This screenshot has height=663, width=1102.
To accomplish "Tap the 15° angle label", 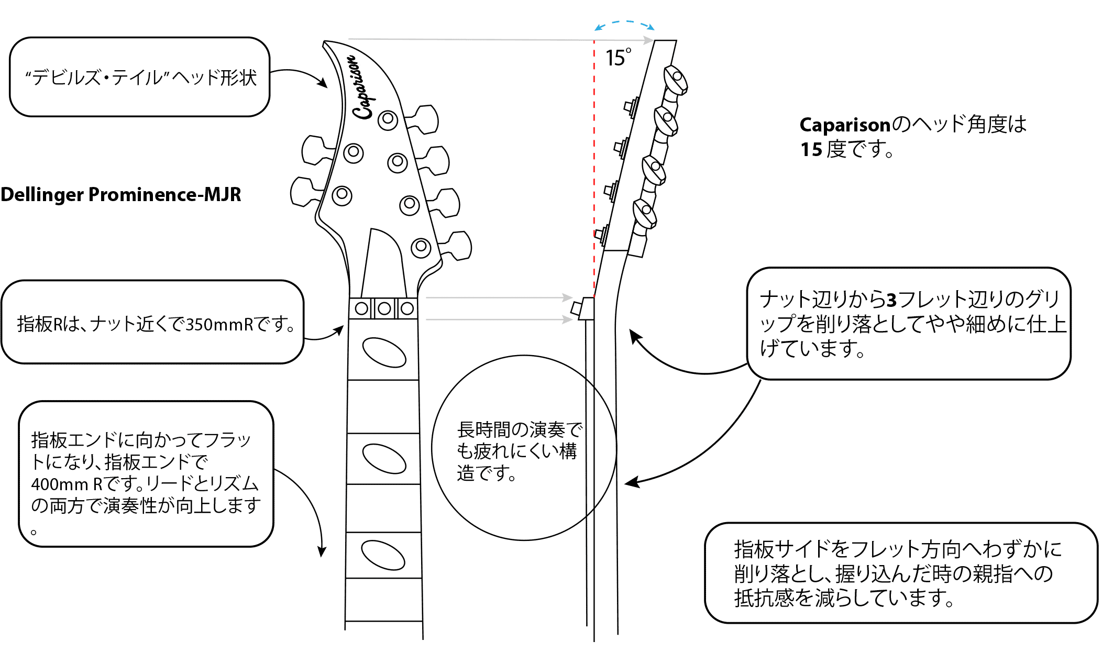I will [618, 57].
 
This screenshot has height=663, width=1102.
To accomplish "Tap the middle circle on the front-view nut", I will [383, 309].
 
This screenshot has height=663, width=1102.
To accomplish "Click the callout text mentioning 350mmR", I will [155, 325].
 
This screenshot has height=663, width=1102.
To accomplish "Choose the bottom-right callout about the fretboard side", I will [898, 573].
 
